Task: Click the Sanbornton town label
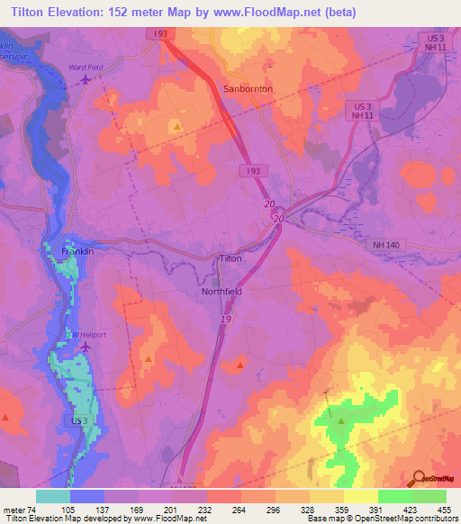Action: pos(247,89)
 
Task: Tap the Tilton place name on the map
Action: pos(231,258)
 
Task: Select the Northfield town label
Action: pos(221,292)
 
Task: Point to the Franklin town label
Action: pos(77,252)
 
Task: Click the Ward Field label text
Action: pos(87,68)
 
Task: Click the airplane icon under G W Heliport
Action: pos(86,347)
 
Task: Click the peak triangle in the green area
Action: pos(341,420)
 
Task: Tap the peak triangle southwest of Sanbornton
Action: pos(177,126)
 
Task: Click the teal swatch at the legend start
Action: pos(52,496)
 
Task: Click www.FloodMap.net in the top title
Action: pos(262,12)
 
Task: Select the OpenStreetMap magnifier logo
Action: pos(418,478)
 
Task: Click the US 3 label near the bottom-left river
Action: pos(80,420)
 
